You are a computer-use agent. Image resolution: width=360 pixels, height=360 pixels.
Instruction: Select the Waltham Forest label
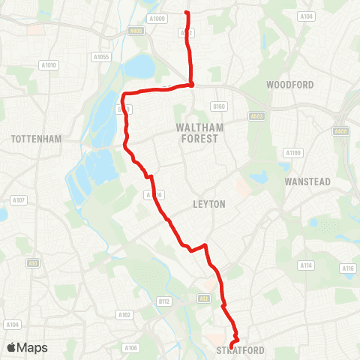(197, 133)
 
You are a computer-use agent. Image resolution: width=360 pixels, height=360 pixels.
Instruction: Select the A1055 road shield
(100, 56)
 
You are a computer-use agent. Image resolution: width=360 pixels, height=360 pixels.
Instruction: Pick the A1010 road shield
(49, 65)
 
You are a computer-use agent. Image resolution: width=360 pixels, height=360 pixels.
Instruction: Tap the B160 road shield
(219, 106)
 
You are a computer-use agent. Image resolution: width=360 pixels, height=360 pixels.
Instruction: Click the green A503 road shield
(256, 115)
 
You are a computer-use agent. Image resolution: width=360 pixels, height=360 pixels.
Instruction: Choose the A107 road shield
(19, 200)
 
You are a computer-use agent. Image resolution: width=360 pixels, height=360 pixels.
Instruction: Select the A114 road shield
(305, 265)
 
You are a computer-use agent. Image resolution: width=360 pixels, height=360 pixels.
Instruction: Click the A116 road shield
(347, 268)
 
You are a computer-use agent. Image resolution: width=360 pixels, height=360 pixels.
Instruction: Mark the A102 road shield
(124, 315)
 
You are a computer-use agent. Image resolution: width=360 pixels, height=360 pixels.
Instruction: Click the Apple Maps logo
(27, 347)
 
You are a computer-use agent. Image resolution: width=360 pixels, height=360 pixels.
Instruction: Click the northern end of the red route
(186, 13)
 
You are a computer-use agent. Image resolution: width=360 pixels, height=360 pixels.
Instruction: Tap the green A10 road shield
(33, 262)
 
